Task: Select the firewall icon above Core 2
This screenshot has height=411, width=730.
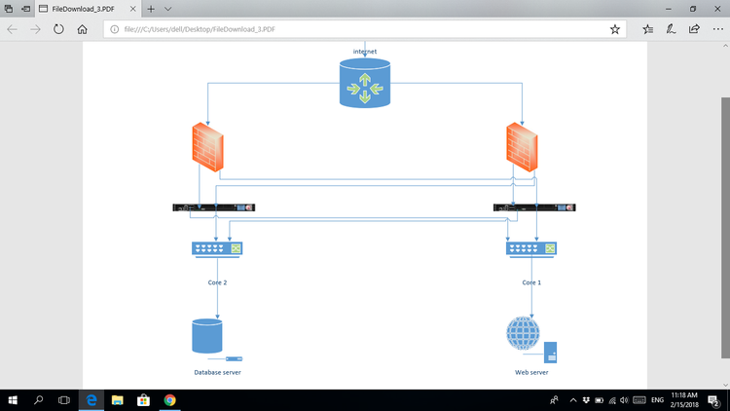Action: [206, 149]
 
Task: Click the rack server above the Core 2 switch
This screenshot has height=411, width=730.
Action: [213, 206]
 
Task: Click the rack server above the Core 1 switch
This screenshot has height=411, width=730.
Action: [535, 206]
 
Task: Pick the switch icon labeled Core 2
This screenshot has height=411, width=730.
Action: [217, 248]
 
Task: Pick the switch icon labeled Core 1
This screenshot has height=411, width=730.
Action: [531, 248]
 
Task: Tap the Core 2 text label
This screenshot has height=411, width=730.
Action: [217, 282]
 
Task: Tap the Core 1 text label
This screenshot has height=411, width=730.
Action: [531, 282]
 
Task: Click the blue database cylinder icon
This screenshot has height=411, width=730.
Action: [207, 336]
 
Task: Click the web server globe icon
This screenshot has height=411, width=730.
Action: [523, 335]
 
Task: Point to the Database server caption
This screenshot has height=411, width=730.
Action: [217, 372]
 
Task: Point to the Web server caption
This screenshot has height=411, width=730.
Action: [531, 372]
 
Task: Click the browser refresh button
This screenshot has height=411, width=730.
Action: [59, 29]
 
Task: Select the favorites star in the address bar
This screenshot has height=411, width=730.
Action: [614, 29]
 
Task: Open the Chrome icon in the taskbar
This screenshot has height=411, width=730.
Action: [169, 399]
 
